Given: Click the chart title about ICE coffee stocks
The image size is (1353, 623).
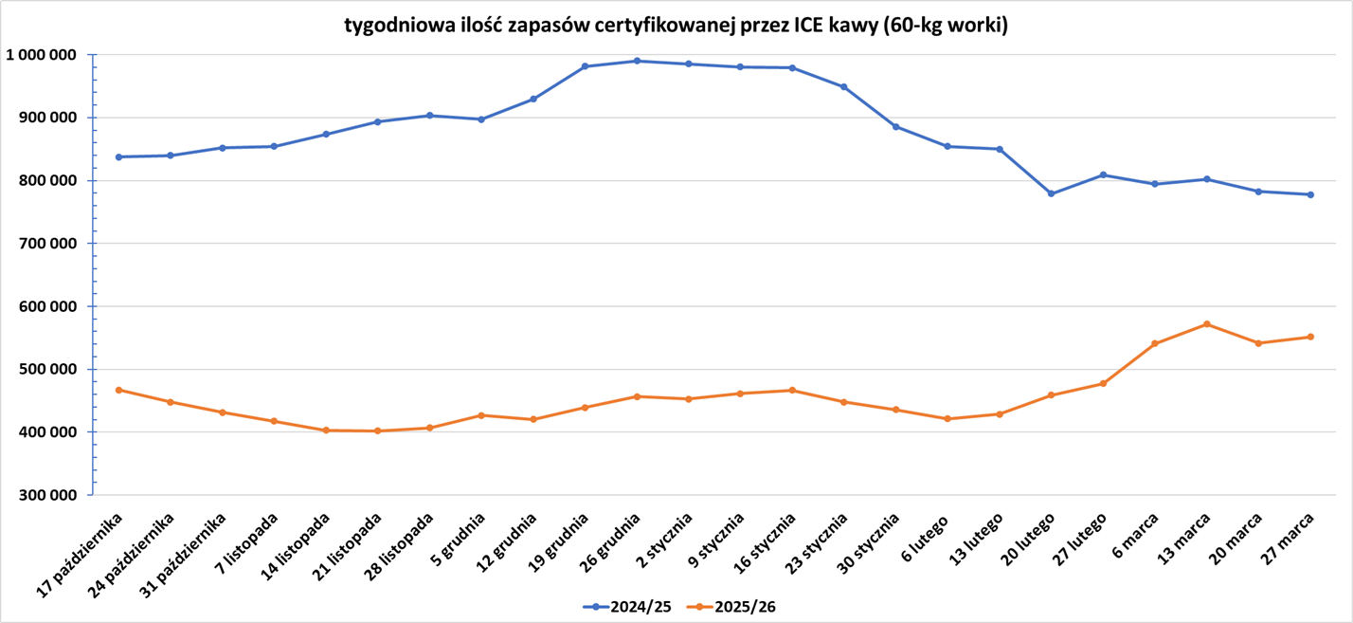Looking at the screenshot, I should click(676, 26).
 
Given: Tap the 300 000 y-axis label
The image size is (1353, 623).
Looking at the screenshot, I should click(49, 495).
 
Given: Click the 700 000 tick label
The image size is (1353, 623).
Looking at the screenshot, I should click(49, 244).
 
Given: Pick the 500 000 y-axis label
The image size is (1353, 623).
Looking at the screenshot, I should click(49, 369).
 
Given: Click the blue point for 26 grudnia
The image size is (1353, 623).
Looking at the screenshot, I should click(637, 61).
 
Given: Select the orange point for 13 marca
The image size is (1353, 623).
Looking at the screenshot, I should click(1206, 324).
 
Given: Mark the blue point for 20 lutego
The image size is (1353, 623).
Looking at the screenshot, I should click(1051, 193).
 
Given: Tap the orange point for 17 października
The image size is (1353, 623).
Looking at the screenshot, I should click(118, 390).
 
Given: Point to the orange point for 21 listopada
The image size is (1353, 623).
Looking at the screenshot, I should click(377, 431).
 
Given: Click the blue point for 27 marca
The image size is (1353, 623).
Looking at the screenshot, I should click(1310, 194).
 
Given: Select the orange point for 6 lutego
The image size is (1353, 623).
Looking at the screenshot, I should click(947, 418).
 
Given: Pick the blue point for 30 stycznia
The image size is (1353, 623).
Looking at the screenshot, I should click(895, 126).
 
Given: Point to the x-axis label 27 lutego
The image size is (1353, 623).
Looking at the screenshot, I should click(1080, 541).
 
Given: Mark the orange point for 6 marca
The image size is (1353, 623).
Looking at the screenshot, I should click(1155, 343).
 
